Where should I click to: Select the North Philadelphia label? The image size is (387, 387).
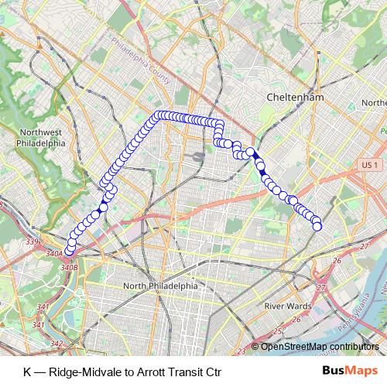[160, 286]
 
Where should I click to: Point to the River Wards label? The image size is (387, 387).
[288, 307]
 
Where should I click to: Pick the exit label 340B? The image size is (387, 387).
[68, 267]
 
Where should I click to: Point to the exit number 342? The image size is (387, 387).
[55, 344]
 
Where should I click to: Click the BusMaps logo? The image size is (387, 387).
[351, 371]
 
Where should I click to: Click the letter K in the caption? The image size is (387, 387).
[28, 371]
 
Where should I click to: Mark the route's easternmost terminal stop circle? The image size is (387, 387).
[317, 225]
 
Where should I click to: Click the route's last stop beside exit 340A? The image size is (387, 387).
[69, 248]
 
